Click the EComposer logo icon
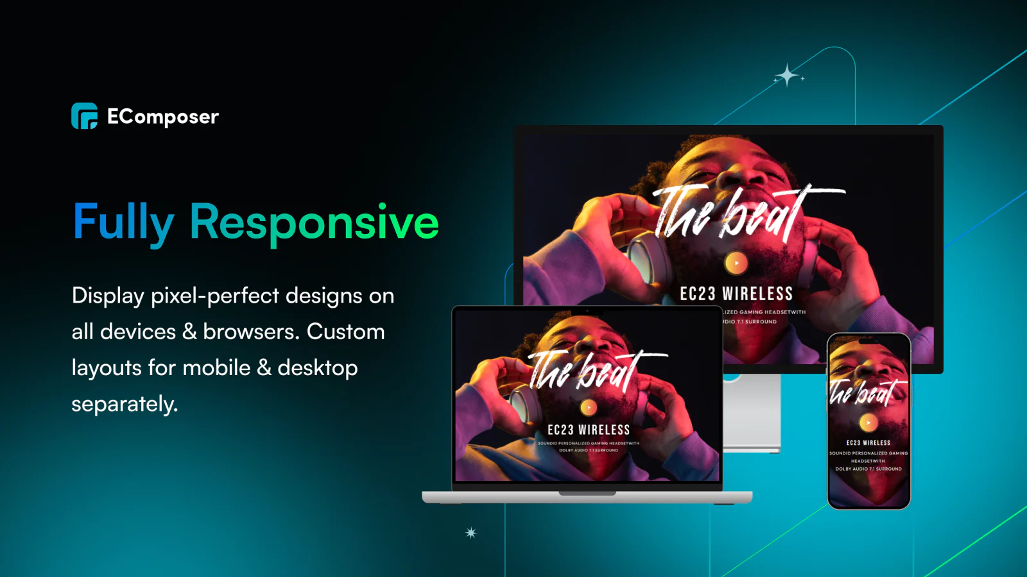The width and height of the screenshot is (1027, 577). [x=84, y=116]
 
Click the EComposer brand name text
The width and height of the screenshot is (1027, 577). [x=163, y=117]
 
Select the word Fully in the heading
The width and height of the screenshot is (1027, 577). [x=123, y=222]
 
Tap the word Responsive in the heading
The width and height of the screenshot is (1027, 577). [x=314, y=222]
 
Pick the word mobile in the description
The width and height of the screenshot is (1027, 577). [x=216, y=368]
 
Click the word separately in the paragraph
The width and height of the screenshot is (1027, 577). [x=123, y=404]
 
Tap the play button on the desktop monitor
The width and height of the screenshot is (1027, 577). [x=736, y=263]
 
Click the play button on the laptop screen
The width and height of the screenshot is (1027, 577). [x=589, y=407]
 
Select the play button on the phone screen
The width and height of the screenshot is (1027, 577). [x=868, y=422]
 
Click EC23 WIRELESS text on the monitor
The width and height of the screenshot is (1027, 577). [x=736, y=294]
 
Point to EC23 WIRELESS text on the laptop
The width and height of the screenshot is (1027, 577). [x=589, y=430]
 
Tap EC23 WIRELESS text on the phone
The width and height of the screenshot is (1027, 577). [x=868, y=443]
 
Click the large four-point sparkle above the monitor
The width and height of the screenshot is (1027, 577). [x=787, y=76]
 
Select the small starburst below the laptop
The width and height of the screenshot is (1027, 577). [x=471, y=533]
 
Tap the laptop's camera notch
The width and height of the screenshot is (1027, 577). [x=587, y=312]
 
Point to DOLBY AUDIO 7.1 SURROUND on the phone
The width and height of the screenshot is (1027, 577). [x=868, y=469]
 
